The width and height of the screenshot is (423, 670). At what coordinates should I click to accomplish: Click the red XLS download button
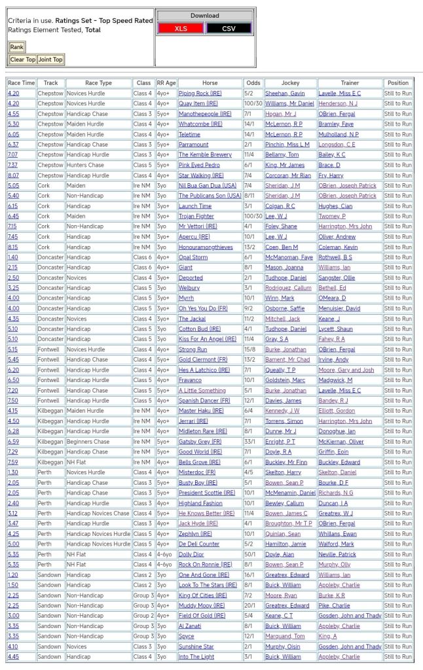coord(181,28)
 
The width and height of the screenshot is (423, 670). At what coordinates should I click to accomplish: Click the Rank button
coord(16,47)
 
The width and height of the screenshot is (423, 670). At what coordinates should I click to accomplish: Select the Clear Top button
coord(22,60)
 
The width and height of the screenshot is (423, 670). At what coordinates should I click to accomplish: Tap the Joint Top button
coord(50,60)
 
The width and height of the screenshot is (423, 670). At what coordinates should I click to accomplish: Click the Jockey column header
coord(290,83)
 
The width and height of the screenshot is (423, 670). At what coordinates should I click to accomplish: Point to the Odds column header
coord(253,83)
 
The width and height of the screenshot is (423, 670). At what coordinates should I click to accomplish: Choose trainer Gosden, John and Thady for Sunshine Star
coord(350,646)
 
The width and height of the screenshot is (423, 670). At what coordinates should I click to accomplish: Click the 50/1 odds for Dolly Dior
coord(249,554)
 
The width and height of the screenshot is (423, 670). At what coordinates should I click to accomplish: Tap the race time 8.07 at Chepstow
coord(13,175)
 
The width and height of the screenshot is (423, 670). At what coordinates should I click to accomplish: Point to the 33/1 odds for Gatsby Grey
coord(249,442)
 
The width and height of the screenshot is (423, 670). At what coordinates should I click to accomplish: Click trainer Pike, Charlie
coord(334,606)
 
